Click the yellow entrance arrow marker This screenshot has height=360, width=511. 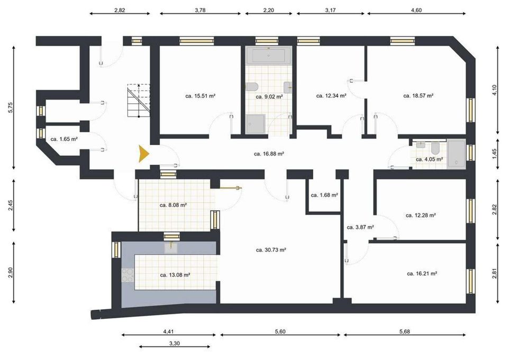(x=143, y=154)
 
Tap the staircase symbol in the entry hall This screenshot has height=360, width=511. (x=139, y=101)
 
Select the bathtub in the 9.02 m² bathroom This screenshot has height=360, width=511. (x=269, y=56)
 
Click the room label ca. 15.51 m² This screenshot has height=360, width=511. (x=200, y=96)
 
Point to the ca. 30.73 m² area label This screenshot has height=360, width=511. (x=271, y=250)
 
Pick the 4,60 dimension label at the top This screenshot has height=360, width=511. (x=416, y=10)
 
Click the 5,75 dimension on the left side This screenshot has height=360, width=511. (x=11, y=107)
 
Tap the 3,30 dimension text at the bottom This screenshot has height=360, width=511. (x=175, y=344)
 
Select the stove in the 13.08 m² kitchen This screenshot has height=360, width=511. (x=127, y=275)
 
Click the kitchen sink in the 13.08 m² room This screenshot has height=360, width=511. (x=171, y=248)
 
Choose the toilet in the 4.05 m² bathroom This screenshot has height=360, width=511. (x=435, y=149)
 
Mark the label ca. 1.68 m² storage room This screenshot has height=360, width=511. (x=324, y=195)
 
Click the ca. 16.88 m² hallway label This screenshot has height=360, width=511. (x=269, y=154)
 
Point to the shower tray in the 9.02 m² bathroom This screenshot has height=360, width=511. (x=256, y=124)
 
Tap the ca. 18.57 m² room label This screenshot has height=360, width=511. (x=418, y=96)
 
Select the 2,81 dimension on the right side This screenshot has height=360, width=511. (x=495, y=273)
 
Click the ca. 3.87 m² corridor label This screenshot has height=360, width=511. (x=360, y=227)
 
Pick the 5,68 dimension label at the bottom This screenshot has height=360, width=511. (x=405, y=331)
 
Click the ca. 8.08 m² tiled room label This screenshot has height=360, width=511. (x=173, y=205)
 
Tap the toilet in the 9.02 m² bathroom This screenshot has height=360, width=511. (x=252, y=86)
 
